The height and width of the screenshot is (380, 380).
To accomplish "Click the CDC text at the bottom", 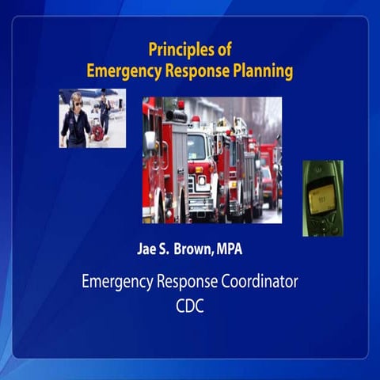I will pyautogui.click(x=189, y=306).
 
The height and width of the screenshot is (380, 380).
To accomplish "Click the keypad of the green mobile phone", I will pyautogui.click(x=323, y=223).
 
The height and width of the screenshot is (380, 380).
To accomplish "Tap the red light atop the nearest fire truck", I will pyautogui.click(x=180, y=104).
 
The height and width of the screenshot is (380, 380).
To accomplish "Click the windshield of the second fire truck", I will pyautogui.click(x=197, y=147).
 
